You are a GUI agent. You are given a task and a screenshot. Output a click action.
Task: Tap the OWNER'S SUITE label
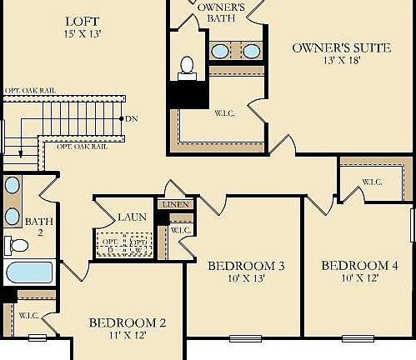[x=340, y=47]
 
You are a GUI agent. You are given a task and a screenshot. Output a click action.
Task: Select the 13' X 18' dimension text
[x=341, y=60]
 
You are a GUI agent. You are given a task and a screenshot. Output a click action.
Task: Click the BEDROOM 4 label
[x=359, y=266]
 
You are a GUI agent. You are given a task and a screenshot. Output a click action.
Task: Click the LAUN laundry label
[x=132, y=217]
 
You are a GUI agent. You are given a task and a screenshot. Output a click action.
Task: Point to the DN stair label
[x=131, y=118]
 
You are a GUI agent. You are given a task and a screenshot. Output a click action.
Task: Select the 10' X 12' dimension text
[x=359, y=278]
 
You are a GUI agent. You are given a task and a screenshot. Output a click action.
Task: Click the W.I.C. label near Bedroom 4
[x=373, y=182]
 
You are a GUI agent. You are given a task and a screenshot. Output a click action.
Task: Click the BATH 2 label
[x=38, y=227]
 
